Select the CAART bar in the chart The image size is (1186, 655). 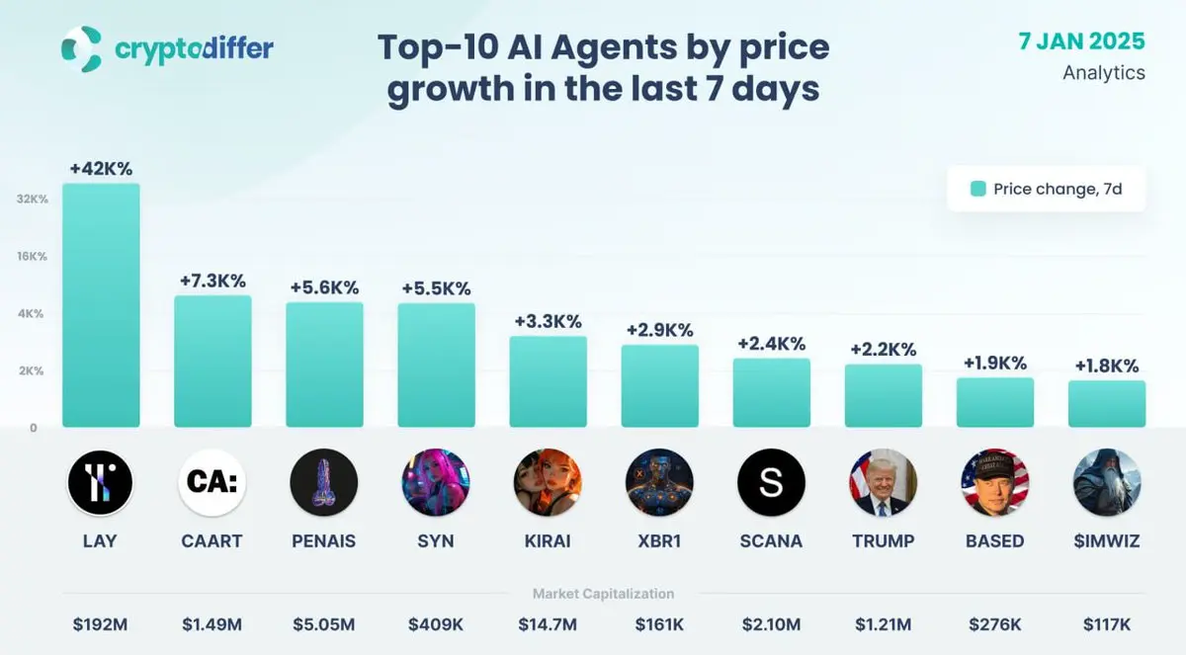click(x=212, y=361)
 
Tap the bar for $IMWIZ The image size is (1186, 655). click(x=1107, y=403)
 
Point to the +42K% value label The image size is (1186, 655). click(x=101, y=169)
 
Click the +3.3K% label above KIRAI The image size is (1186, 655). click(x=548, y=321)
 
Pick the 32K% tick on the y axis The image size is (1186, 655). click(x=33, y=199)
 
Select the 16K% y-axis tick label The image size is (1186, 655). click(x=33, y=256)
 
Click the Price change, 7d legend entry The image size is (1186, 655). click(x=1047, y=189)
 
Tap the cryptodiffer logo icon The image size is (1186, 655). click(x=81, y=48)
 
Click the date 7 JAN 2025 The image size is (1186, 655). click(x=1081, y=41)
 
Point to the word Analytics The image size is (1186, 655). click(x=1104, y=72)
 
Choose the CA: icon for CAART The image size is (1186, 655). click(x=212, y=482)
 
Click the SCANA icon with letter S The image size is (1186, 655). click(x=771, y=482)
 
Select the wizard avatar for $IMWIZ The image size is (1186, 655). click(x=1107, y=482)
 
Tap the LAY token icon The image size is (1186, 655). click(x=101, y=482)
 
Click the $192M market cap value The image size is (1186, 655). click(x=101, y=624)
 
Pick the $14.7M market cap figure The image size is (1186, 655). click(x=548, y=624)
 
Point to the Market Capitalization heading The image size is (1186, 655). click(x=603, y=594)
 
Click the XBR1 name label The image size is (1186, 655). click(x=659, y=540)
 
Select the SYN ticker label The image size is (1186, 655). click(x=436, y=540)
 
